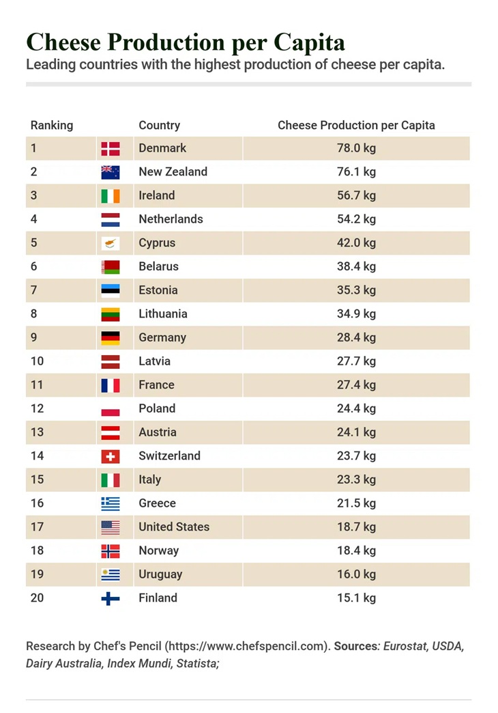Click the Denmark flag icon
click(x=111, y=149)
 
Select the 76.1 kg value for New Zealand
click(x=356, y=172)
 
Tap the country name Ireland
click(x=157, y=195)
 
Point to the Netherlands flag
click(x=111, y=220)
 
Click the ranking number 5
click(x=33, y=243)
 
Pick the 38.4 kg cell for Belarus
click(x=356, y=266)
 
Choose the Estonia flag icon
click(x=111, y=290)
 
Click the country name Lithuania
click(x=163, y=313)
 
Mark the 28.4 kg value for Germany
click(x=356, y=337)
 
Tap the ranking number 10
click(x=38, y=361)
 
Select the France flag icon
click(x=111, y=385)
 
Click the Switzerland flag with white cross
click(x=111, y=456)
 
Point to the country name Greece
click(x=157, y=503)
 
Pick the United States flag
click(x=111, y=527)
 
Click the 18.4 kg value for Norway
click(x=356, y=550)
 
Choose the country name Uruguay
click(x=160, y=574)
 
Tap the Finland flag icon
click(x=111, y=598)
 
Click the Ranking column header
click(x=52, y=126)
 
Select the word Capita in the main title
click(x=309, y=42)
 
